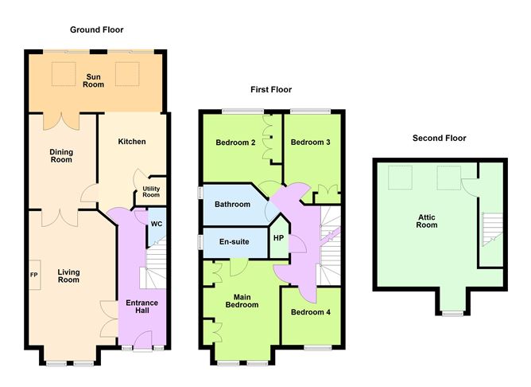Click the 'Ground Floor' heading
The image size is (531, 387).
pos(95,29)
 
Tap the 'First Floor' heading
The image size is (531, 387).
pos(271,90)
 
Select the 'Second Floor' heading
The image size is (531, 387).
pos(439,138)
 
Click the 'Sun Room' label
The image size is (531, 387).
pos(95,80)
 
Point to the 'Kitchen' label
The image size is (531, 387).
pos(132,142)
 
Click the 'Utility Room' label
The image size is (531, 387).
pos(151,192)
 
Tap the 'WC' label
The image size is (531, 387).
pos(157,224)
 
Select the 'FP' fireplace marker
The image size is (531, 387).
pos(34,276)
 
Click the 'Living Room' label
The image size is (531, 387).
pos(68,276)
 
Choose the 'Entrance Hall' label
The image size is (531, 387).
pos(141,307)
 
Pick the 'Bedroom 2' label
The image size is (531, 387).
pos(235,143)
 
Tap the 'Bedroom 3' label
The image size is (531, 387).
pos(308,143)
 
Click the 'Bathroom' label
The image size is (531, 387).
pos(232,205)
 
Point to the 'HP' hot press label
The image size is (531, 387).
pos(278,237)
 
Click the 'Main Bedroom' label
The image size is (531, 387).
pos(242,300)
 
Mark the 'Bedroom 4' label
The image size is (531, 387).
pos(311,312)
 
